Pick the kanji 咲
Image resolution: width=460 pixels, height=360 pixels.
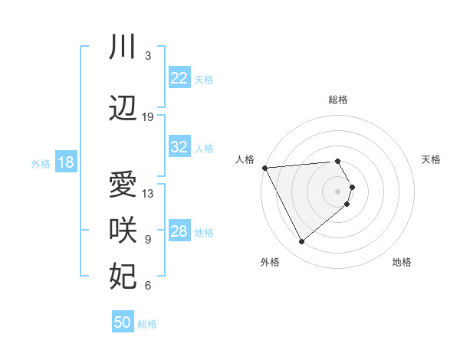[123, 231]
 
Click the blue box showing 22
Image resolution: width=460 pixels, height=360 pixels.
[179, 77]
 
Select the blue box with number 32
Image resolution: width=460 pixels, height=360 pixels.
[179, 148]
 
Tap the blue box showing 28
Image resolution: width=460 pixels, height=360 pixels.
[179, 232]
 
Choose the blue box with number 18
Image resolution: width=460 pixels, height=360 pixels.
[65, 162]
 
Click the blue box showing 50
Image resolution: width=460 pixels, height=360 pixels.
[123, 322]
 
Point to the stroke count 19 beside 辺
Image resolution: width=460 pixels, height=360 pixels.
[148, 117]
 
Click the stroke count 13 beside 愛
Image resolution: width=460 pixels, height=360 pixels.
[148, 194]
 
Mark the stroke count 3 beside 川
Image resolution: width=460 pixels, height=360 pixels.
[148, 56]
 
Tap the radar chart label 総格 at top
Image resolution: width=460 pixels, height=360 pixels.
[338, 100]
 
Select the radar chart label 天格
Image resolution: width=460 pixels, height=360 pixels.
[431, 159]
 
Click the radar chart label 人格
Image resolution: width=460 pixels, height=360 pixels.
[245, 159]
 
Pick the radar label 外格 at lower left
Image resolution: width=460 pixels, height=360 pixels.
[270, 262]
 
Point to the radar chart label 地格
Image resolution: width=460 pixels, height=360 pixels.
[402, 262]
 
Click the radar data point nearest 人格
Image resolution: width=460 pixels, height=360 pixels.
[264, 167]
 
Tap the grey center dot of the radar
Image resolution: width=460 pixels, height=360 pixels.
[338, 191]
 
